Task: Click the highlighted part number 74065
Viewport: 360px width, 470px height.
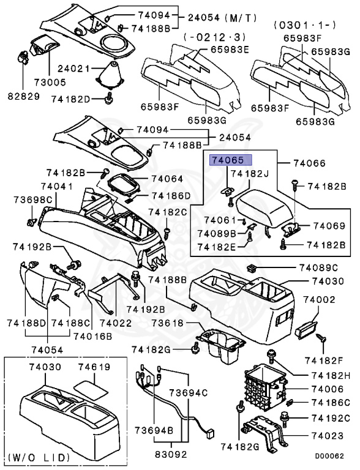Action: pyautogui.click(x=228, y=161)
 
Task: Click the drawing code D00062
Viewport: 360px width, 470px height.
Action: pyautogui.click(x=334, y=456)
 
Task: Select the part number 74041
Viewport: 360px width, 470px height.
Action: pyautogui.click(x=58, y=186)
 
